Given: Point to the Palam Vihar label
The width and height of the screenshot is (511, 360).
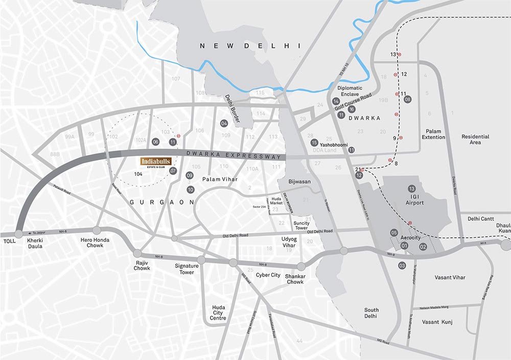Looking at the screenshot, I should coord(220,179).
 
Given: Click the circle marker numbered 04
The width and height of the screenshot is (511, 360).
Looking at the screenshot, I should coord(224,123).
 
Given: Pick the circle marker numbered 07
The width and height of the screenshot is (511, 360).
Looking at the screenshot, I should coord(173,171).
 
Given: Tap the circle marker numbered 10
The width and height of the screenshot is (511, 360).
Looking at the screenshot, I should coord(191,190).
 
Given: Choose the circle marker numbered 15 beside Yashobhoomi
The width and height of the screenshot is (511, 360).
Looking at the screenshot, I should coord(314,142).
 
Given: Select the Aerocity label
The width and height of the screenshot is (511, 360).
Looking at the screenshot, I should coord(410,238).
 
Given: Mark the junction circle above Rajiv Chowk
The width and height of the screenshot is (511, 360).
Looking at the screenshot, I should coord(137,253).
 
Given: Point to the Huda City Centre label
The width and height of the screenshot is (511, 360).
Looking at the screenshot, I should coord(218,313).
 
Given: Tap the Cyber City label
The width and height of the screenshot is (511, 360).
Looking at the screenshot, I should coord(268,275).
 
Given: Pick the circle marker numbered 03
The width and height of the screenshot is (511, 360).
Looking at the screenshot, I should coord(402,265).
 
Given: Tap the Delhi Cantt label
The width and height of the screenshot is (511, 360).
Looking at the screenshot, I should coord(480,219).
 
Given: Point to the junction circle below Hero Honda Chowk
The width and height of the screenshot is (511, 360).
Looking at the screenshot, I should coord(97,230).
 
